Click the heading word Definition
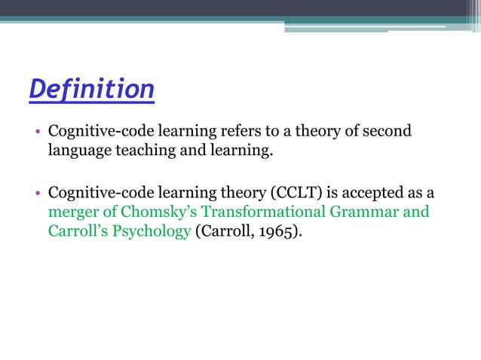[x=91, y=90]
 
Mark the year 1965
[x=275, y=231]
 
